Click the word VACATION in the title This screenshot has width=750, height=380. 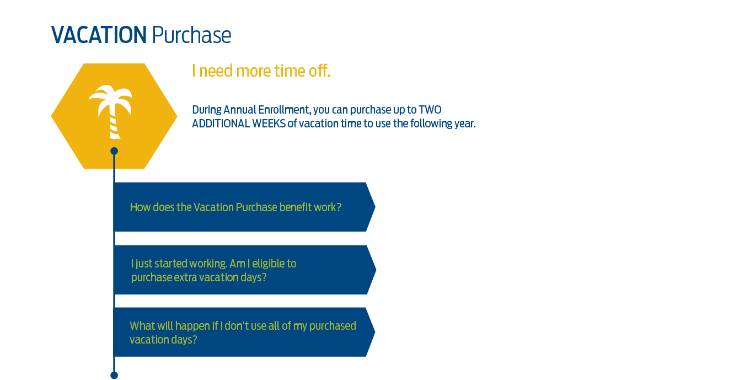[99, 35]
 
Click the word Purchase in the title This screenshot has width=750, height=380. [191, 35]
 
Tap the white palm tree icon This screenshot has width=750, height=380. [111, 112]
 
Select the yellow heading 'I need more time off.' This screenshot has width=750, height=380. [261, 71]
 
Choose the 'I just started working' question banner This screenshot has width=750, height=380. [245, 270]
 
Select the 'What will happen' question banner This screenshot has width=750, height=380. [244, 332]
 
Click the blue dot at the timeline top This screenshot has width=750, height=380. [114, 151]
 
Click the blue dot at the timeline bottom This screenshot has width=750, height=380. [114, 376]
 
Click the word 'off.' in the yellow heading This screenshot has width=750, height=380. [319, 71]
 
